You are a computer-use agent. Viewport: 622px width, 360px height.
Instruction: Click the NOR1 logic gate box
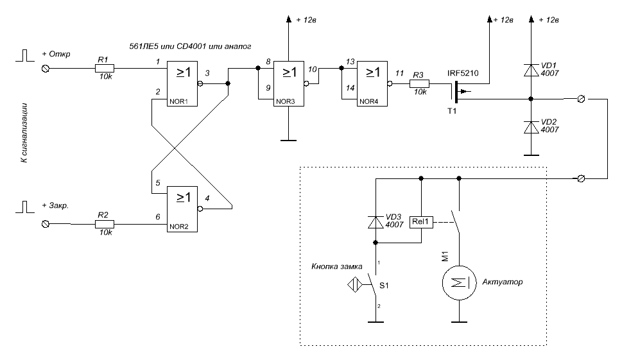[x=182, y=84]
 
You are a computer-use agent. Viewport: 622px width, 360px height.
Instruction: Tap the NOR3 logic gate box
[x=289, y=83]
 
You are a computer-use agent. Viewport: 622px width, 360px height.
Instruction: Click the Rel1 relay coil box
[x=422, y=223]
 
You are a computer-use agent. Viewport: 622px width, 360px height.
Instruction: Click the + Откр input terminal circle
[x=46, y=68]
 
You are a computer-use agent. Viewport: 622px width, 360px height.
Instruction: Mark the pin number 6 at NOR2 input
[x=157, y=218]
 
